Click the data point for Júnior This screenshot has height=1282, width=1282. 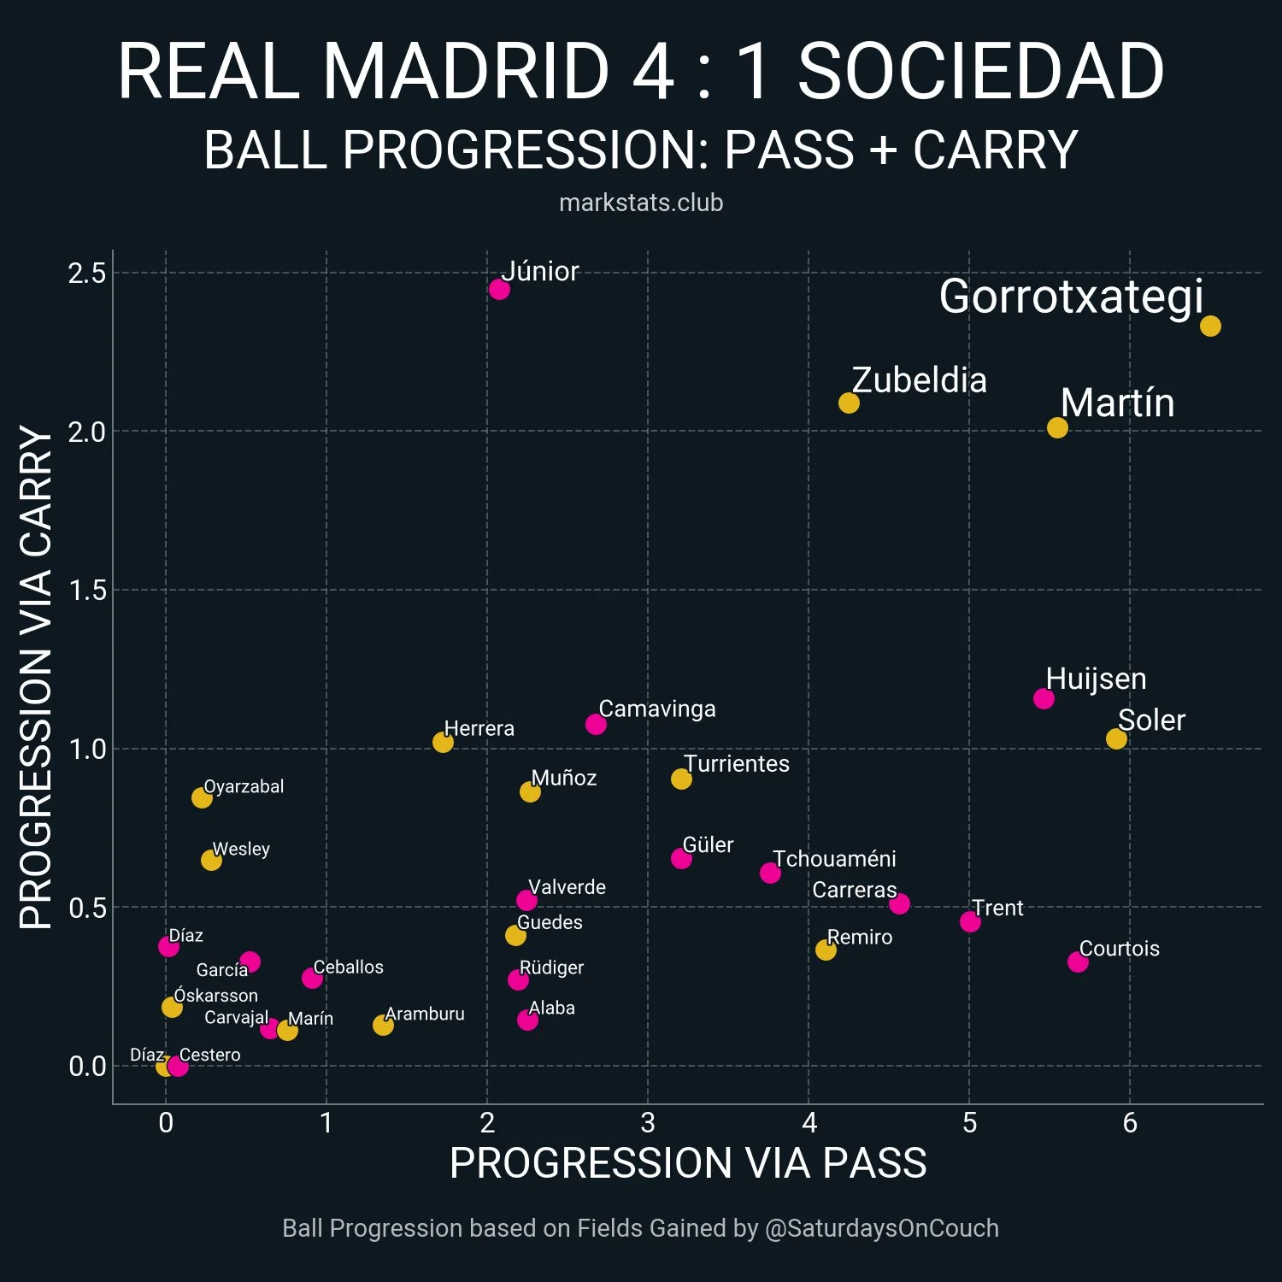(499, 289)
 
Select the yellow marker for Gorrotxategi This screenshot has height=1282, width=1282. (1210, 326)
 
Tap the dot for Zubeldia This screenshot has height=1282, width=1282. (849, 403)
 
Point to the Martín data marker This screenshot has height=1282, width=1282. (1057, 427)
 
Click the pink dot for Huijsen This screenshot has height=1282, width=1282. (1044, 698)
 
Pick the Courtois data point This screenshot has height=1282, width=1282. (1078, 961)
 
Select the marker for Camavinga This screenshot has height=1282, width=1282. (596, 724)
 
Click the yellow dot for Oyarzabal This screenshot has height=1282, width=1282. (202, 797)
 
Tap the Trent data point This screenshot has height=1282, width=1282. (970, 921)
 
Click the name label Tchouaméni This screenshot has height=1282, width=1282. (834, 859)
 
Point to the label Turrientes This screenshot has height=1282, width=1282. (736, 763)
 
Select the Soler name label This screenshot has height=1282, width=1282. (1151, 720)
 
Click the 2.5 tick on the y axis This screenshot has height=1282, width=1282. (87, 273)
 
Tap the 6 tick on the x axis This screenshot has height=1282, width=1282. (1130, 1123)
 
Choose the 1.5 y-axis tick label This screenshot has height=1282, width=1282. (87, 591)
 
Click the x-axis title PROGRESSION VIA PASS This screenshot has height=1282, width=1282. (688, 1163)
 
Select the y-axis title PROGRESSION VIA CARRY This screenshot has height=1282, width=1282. (36, 677)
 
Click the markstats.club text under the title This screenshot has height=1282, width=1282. (641, 203)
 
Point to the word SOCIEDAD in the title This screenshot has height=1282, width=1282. (980, 71)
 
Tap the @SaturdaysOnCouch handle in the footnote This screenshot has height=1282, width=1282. (881, 1228)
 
